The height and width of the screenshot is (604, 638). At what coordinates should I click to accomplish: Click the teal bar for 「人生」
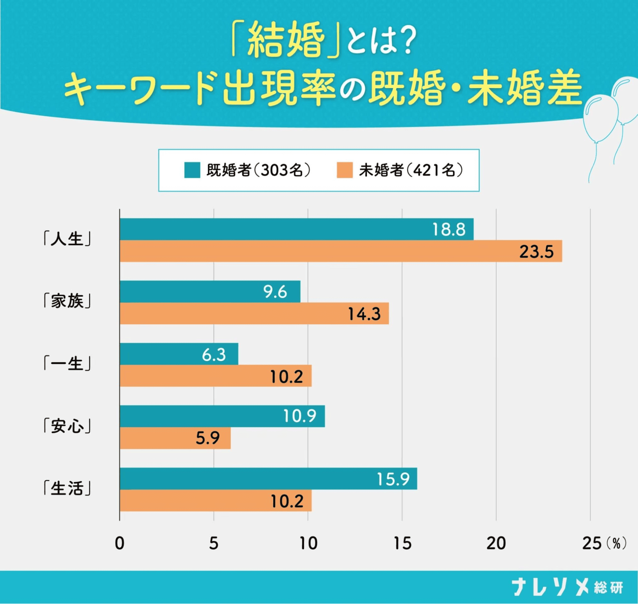pyautogui.click(x=296, y=229)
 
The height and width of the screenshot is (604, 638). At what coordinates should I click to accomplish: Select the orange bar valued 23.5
pyautogui.click(x=341, y=251)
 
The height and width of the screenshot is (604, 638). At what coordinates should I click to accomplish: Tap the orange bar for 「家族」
pyautogui.click(x=254, y=313)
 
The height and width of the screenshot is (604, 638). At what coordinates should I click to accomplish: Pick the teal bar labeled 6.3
pyautogui.click(x=179, y=354)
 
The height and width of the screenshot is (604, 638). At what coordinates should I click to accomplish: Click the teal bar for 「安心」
pyautogui.click(x=222, y=416)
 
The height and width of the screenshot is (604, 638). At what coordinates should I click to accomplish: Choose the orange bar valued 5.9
pyautogui.click(x=175, y=438)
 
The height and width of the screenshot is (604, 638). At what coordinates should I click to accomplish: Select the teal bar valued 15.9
pyautogui.click(x=268, y=479)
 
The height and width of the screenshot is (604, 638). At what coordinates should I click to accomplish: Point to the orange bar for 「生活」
pyautogui.click(x=215, y=501)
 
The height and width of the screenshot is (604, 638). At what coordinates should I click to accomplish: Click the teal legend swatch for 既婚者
pyautogui.click(x=192, y=170)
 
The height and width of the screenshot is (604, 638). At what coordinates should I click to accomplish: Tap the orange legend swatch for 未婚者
pyautogui.click(x=344, y=170)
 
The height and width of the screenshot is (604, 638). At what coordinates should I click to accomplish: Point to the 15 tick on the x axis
pyautogui.click(x=402, y=544)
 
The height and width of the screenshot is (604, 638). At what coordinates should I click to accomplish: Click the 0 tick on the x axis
pyautogui.click(x=120, y=544)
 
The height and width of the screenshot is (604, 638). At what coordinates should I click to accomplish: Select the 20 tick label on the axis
pyautogui.click(x=496, y=544)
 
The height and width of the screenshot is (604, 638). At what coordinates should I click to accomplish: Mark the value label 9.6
pyautogui.click(x=275, y=292)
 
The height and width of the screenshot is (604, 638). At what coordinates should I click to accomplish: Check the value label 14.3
pyautogui.click(x=364, y=314)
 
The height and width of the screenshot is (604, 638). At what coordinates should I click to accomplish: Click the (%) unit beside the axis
pyautogui.click(x=616, y=544)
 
